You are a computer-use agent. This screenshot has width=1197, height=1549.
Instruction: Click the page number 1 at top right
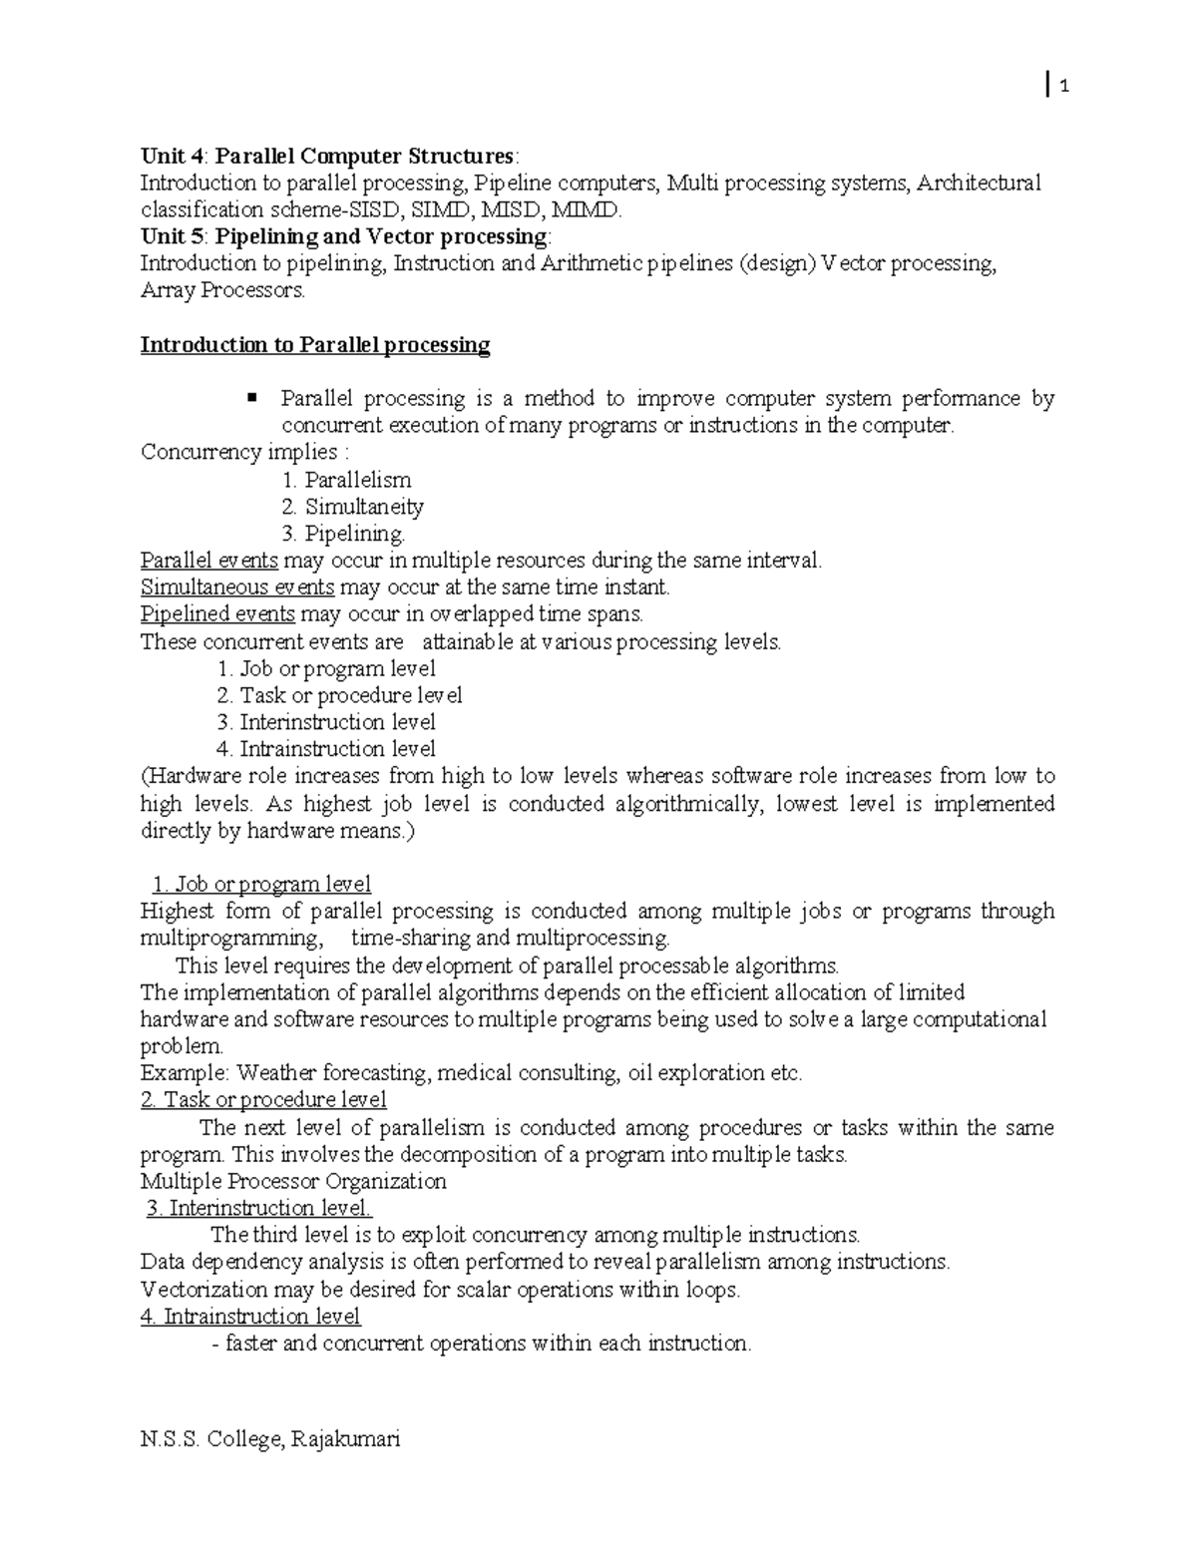pyautogui.click(x=1064, y=88)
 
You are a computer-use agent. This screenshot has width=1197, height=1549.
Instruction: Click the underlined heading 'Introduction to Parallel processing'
pyautogui.click(x=315, y=345)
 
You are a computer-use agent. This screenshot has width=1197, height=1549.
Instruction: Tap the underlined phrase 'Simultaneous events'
pyautogui.click(x=237, y=587)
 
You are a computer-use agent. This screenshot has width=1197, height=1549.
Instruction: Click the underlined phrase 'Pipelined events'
pyautogui.click(x=217, y=614)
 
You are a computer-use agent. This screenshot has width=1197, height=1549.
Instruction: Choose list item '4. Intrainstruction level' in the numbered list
pyautogui.click(x=326, y=749)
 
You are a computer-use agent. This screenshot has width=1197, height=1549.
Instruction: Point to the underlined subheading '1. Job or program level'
pyautogui.click(x=261, y=884)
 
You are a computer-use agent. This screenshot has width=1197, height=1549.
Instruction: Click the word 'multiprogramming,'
pyautogui.click(x=231, y=939)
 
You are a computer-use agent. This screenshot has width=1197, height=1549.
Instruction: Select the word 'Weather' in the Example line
pyautogui.click(x=275, y=1074)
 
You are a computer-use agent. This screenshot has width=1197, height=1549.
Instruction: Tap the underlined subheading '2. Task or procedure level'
pyautogui.click(x=264, y=1100)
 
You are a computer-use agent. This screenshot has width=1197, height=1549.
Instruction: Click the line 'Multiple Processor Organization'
pyautogui.click(x=293, y=1182)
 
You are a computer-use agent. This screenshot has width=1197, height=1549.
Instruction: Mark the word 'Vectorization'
pyautogui.click(x=204, y=1290)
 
